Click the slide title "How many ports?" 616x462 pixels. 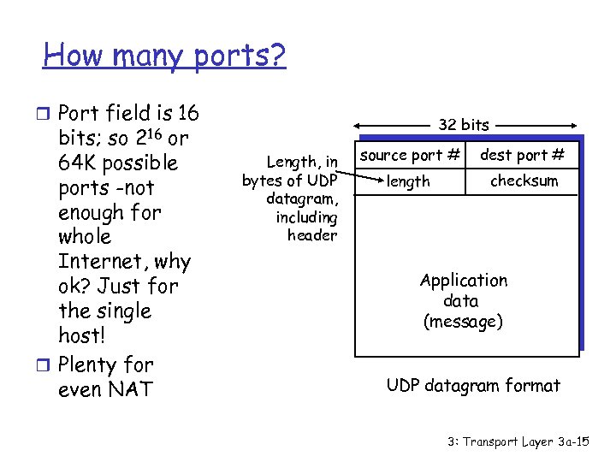[164, 56]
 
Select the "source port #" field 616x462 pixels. [410, 155]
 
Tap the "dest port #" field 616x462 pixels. [522, 155]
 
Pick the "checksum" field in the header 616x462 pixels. [524, 181]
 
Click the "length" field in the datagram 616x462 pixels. [408, 181]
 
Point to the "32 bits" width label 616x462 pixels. [464, 125]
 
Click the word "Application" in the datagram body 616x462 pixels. [463, 281]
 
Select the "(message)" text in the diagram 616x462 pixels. [463, 322]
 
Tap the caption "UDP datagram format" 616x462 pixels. [473, 386]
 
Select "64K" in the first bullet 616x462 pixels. [82, 163]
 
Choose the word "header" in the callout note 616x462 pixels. [312, 235]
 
